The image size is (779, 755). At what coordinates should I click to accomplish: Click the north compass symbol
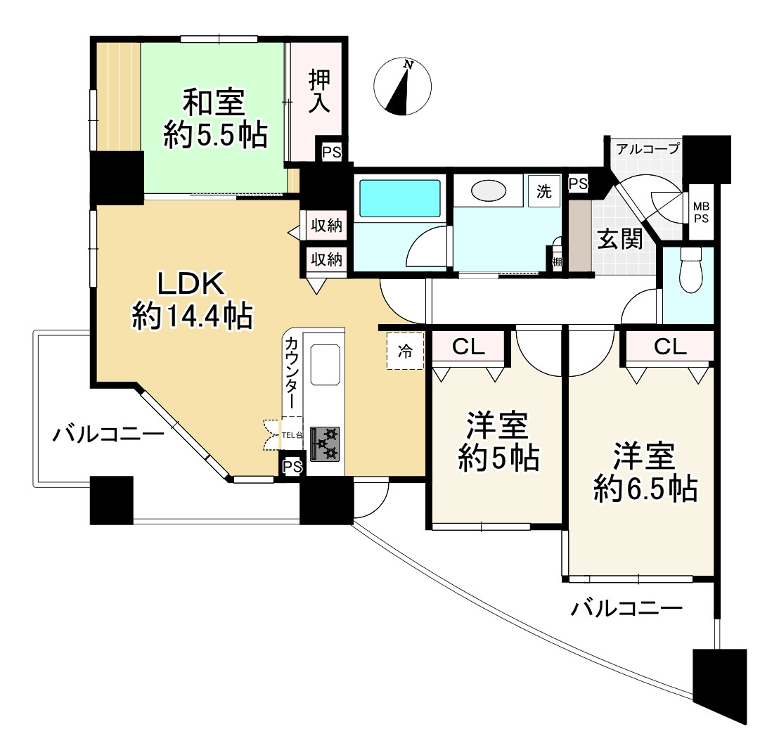[402, 86]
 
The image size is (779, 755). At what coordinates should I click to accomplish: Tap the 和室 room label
[214, 102]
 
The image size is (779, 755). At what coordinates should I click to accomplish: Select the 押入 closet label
[319, 91]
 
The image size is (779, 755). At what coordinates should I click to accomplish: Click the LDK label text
[192, 283]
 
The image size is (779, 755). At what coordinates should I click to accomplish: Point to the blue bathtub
[400, 198]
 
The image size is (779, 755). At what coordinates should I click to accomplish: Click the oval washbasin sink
[489, 191]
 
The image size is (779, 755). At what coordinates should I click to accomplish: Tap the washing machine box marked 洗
[544, 191]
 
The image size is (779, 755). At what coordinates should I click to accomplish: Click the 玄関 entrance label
[619, 240]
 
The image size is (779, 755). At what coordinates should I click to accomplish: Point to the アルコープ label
[648, 148]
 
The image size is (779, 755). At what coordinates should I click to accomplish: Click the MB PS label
[701, 212]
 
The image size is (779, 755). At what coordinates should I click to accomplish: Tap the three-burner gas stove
[325, 444]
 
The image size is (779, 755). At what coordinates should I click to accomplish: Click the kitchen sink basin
[325, 365]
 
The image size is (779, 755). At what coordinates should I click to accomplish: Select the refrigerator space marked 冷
[406, 351]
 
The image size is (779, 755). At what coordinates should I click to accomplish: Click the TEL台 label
[292, 436]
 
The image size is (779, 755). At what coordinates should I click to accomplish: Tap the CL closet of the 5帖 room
[468, 347]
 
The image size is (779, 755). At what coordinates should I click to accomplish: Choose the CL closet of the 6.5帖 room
[670, 347]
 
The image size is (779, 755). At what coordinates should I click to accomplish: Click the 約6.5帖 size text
[645, 489]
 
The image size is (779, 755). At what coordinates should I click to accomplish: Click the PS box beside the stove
[292, 467]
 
